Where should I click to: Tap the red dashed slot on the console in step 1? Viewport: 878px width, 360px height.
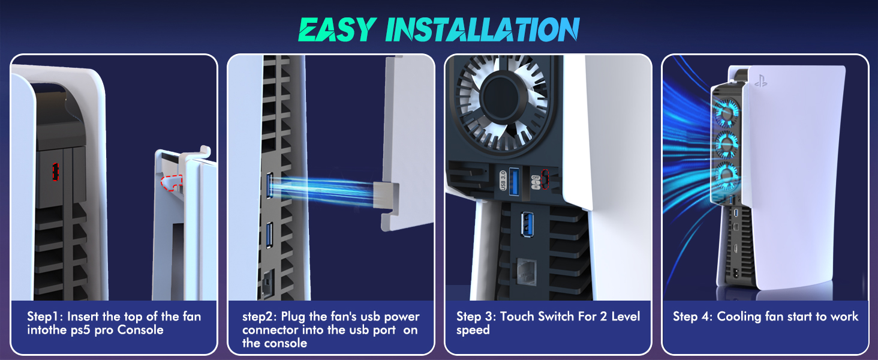(x=55, y=172)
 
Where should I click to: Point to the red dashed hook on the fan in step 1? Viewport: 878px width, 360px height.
(x=171, y=182)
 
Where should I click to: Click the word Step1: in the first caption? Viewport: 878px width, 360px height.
(x=46, y=316)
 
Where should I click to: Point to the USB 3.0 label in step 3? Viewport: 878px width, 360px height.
(x=503, y=181)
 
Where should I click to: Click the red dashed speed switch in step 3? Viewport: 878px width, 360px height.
(x=545, y=179)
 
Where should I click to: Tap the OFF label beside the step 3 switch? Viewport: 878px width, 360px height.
(x=536, y=173)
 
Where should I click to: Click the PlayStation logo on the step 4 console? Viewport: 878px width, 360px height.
(x=760, y=82)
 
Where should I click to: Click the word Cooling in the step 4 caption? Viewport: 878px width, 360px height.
(x=739, y=316)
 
